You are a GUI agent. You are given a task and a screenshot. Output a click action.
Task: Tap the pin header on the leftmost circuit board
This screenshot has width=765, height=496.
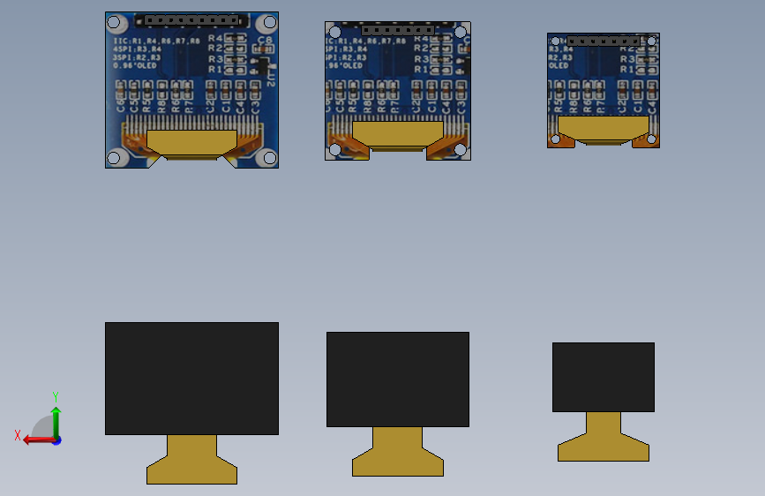pos(192,19)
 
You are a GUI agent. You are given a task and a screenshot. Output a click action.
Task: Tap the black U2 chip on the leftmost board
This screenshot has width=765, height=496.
pos(259,65)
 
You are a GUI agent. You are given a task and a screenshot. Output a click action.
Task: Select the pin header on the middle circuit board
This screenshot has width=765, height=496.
pos(394,29)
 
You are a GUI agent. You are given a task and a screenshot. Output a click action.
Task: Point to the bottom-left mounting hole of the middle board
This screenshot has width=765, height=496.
pos(334,150)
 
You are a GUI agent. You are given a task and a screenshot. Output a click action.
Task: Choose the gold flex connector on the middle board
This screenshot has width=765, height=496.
pos(397,134)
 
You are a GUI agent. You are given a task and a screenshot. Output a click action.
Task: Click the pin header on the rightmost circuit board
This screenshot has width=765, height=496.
pos(604,41)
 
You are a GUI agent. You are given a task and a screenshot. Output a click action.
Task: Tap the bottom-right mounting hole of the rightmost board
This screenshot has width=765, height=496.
pos(651,139)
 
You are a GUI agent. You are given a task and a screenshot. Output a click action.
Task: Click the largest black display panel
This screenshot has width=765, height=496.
pos(191,378)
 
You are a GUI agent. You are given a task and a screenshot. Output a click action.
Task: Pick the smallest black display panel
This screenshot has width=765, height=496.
pos(604,377)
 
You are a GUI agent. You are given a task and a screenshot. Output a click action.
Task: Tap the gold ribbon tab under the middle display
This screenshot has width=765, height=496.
pos(397,452)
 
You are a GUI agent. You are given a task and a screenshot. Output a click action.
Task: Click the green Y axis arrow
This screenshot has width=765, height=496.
pos(56,415)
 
